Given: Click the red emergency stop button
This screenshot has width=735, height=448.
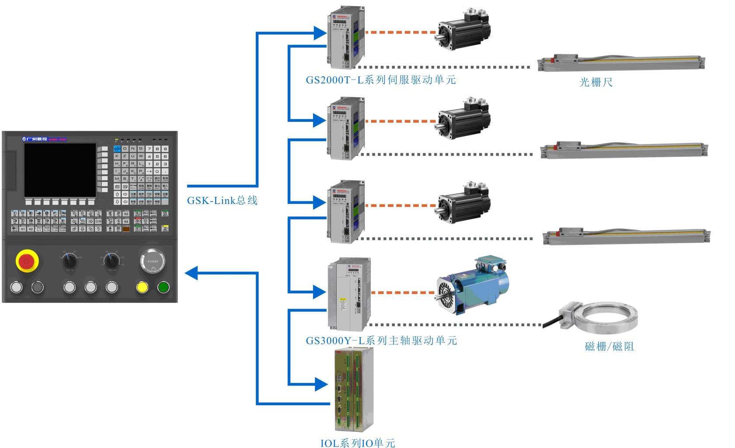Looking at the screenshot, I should [27, 261].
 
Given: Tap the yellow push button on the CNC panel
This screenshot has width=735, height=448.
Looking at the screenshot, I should [142, 287].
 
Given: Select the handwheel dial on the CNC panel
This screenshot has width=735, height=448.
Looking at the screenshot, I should [152, 261].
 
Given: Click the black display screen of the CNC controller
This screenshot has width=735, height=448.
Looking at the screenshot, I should [60, 170].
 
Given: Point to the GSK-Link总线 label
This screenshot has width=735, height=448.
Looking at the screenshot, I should [222, 200].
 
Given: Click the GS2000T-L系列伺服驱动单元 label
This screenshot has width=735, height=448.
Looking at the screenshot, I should [380, 80].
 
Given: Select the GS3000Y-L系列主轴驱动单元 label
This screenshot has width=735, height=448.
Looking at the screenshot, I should [381, 341].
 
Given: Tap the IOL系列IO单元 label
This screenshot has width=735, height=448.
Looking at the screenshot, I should [358, 443].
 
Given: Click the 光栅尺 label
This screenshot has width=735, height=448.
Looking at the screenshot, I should [596, 82].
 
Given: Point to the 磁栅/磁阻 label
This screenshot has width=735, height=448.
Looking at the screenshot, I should [609, 347].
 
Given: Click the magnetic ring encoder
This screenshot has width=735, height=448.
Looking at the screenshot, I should [606, 317].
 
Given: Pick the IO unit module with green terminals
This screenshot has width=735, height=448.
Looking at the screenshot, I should [354, 389].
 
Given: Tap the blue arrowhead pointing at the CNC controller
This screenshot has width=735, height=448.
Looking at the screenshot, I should [191, 273].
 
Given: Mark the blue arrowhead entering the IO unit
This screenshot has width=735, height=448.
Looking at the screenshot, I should [321, 384].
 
